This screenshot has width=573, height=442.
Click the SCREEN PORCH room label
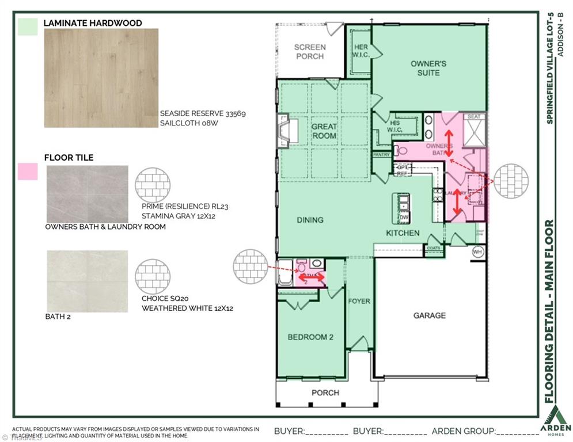(309, 52)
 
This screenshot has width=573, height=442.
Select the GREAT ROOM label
(324, 131)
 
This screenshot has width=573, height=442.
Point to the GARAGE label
(429, 315)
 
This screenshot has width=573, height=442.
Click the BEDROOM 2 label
(310, 337)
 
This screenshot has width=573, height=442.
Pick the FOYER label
(359, 301)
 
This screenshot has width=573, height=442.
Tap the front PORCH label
(325, 393)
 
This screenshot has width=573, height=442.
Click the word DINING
(310, 220)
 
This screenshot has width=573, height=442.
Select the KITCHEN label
(403, 233)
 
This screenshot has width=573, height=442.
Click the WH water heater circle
(477, 252)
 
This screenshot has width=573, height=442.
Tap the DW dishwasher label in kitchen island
(404, 218)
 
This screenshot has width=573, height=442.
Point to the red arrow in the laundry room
(458, 203)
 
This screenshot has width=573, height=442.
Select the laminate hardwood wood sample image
(101, 78)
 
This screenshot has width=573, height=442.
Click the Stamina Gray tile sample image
(87, 194)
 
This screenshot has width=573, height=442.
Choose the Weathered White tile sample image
(87, 281)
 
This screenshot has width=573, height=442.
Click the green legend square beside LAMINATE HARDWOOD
(28, 26)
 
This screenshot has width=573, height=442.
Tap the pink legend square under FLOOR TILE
(28, 171)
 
